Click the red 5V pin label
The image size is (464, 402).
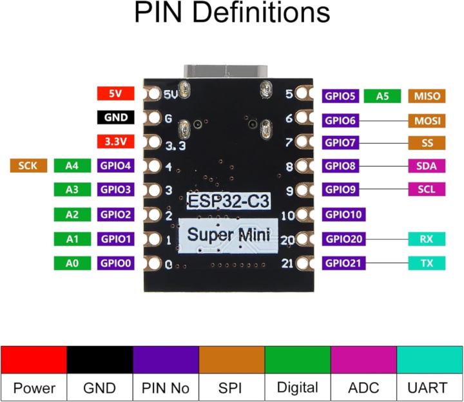point(115,93)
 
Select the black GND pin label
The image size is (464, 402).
point(115,117)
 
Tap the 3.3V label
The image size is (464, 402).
point(115,141)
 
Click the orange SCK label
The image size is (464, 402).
point(28,166)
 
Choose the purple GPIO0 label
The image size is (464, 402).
point(116,263)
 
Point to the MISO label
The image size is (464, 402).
point(426,96)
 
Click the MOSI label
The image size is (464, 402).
point(426,120)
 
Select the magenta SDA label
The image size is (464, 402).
point(426,166)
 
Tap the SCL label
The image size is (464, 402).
point(426,189)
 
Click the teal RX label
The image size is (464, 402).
point(426,239)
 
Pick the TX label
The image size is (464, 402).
point(426,263)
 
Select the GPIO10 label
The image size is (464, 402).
point(344,215)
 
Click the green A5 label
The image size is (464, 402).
point(383,96)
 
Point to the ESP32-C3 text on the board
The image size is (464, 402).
point(229,200)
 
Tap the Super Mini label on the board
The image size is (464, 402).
point(229,233)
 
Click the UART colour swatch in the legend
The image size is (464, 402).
point(430,359)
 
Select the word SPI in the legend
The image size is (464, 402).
point(231,388)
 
